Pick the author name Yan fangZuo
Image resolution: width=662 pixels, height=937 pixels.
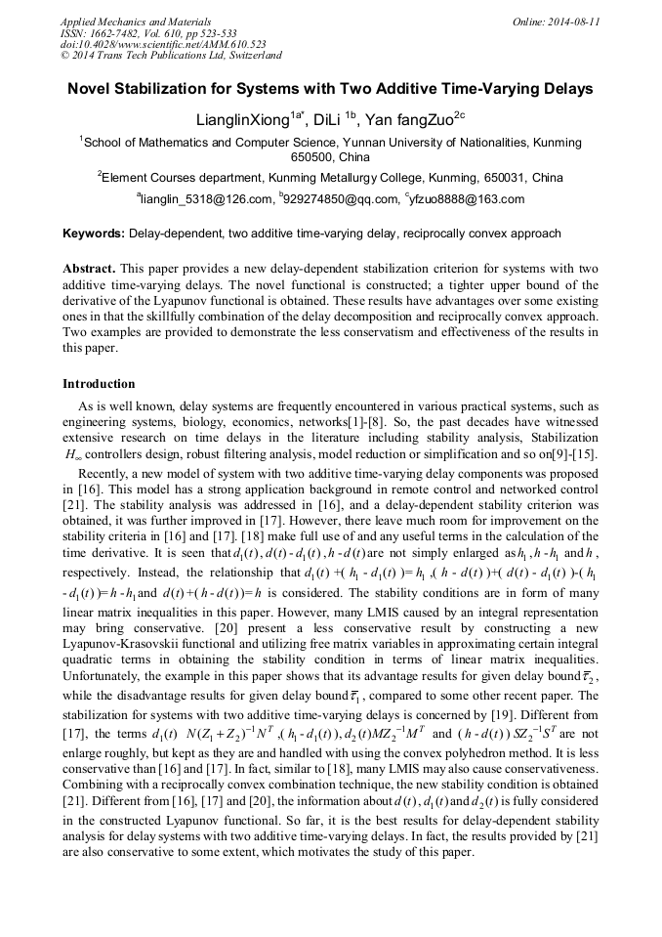(413, 121)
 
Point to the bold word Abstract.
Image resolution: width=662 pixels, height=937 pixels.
(89, 268)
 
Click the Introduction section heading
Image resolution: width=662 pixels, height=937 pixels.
(99, 384)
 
